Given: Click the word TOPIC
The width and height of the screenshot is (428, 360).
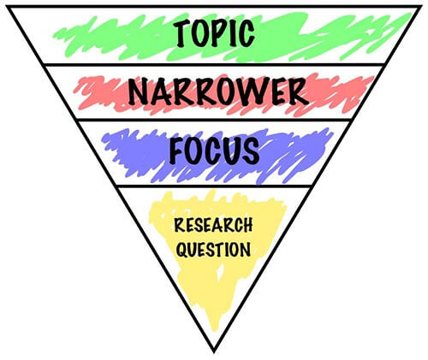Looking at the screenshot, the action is (214, 33).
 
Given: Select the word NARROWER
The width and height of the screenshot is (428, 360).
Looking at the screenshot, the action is (218, 91).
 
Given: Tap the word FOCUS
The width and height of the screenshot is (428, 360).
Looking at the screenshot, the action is (214, 150).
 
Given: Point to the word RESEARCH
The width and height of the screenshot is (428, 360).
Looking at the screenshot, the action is (213, 225).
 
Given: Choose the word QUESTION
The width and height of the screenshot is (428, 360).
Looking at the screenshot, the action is (213, 250).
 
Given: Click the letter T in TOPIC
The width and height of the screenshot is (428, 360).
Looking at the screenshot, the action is (181, 34).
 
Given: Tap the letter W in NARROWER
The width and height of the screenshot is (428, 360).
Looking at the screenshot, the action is (253, 91).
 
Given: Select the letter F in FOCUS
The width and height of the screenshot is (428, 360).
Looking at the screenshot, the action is (177, 150).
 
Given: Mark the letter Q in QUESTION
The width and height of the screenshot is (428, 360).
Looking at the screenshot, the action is (181, 250).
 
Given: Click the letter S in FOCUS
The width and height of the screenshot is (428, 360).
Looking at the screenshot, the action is (251, 150).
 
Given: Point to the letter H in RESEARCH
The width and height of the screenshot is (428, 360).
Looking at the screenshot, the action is (247, 225).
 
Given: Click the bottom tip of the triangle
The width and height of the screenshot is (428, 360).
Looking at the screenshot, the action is (214, 352).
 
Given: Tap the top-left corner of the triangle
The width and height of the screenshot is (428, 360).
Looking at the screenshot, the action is (9, 7).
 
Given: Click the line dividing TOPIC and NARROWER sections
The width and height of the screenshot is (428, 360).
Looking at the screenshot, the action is (214, 65).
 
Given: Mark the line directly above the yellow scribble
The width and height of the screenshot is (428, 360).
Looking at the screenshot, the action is (214, 186).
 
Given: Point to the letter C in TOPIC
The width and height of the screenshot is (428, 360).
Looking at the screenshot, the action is (247, 33).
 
